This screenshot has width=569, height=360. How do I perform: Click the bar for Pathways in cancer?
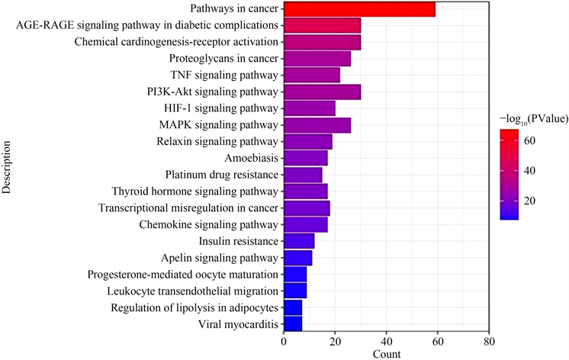(358, 9)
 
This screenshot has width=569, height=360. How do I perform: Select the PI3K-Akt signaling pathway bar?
(321, 92)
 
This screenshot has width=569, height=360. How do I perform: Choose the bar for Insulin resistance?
(298, 241)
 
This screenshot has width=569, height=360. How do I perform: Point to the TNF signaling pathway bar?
(311, 76)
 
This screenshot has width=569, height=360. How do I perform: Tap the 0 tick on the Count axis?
(283, 342)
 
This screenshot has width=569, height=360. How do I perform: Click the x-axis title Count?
(387, 354)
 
